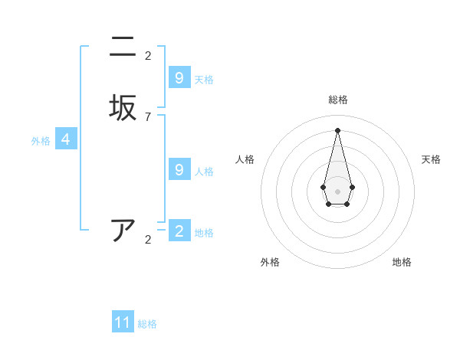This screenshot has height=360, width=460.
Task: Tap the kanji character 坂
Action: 123,106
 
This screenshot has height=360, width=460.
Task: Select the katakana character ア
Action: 123,230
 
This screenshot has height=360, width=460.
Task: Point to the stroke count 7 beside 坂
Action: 148,117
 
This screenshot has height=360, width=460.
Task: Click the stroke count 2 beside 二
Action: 148,56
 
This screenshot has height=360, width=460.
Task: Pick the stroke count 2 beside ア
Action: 148,240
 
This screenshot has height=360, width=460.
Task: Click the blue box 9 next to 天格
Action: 179,77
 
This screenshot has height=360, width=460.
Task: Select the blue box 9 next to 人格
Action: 179,169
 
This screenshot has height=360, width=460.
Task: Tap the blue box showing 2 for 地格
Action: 179,231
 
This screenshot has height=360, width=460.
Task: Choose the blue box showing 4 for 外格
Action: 66,139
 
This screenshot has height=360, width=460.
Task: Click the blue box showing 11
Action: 123,322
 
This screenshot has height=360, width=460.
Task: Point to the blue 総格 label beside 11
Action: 147,324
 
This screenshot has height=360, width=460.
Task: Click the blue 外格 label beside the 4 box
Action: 41,141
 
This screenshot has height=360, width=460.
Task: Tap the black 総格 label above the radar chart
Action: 337,100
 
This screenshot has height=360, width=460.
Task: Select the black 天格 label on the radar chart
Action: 431,159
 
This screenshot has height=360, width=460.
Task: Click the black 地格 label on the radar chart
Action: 402,262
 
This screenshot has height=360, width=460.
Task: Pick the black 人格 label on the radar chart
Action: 245,159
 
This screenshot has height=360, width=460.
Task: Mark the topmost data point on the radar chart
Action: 337,129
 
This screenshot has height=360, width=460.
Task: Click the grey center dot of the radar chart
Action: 337,190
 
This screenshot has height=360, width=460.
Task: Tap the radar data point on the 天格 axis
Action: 352,186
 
